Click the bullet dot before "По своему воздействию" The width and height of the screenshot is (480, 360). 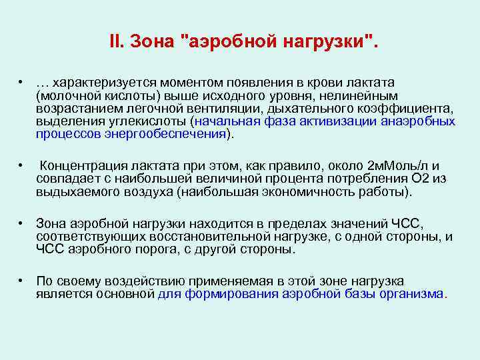22,281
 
